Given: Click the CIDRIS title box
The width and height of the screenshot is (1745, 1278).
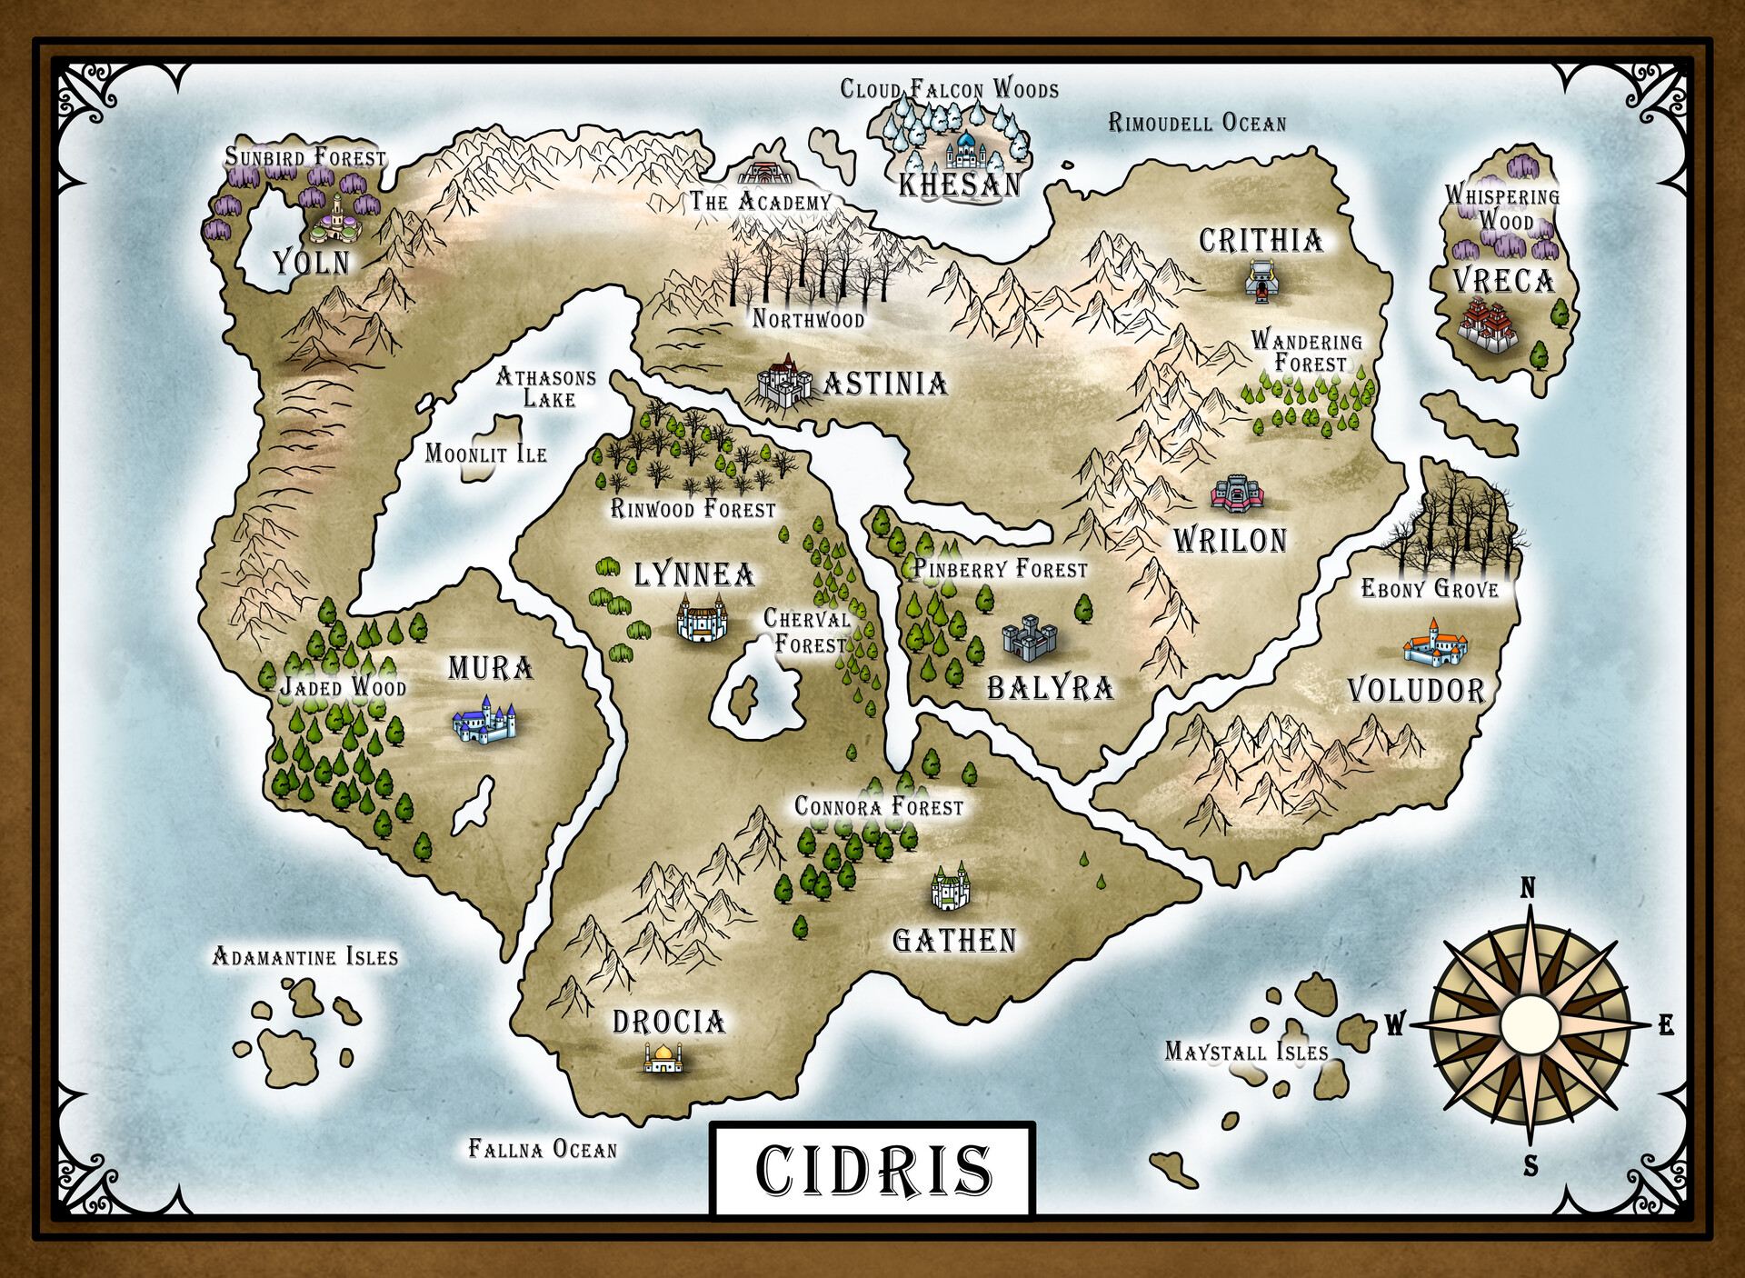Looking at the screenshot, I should pyautogui.click(x=872, y=1169).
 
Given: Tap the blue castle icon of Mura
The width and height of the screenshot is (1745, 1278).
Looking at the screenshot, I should pyautogui.click(x=484, y=721).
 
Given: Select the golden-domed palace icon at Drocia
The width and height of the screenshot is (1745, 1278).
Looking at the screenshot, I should pyautogui.click(x=663, y=1057).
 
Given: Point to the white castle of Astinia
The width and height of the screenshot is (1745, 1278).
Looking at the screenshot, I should pyautogui.click(x=783, y=382).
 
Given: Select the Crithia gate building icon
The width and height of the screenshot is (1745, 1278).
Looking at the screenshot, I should pyautogui.click(x=1262, y=281).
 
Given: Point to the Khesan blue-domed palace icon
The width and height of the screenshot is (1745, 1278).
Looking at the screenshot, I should pyautogui.click(x=964, y=151).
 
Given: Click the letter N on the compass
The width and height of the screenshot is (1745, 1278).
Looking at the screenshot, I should pyautogui.click(x=1528, y=888).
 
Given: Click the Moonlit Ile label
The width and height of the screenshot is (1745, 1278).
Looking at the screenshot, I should pyautogui.click(x=485, y=453).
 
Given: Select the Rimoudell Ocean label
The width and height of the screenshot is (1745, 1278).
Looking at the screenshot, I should pyautogui.click(x=1197, y=123).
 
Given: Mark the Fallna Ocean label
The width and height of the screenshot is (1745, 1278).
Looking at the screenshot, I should pyautogui.click(x=543, y=1149).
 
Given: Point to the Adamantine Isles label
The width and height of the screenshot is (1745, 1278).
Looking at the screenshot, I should pyautogui.click(x=304, y=956).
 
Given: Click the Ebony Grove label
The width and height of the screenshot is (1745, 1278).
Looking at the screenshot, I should pyautogui.click(x=1429, y=589).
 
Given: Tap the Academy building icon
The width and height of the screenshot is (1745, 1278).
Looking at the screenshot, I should pyautogui.click(x=764, y=172).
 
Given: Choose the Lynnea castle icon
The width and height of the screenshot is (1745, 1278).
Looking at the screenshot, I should pyautogui.click(x=701, y=620).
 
